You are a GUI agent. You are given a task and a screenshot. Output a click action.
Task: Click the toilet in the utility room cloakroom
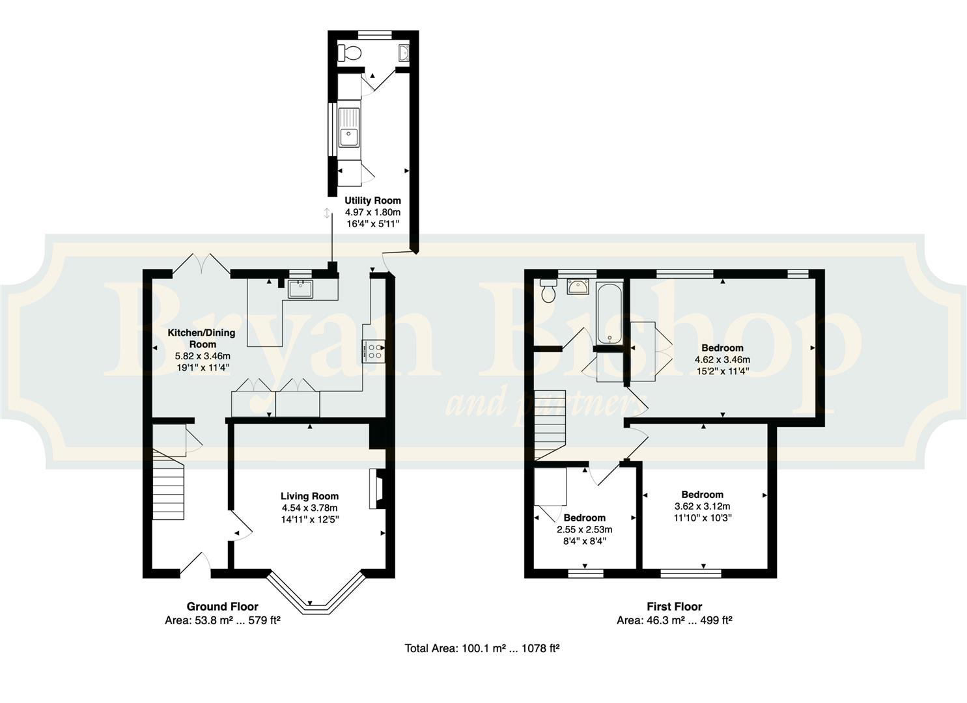pyautogui.click(x=349, y=53)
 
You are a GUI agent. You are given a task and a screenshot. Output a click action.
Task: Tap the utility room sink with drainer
pyautogui.click(x=349, y=128)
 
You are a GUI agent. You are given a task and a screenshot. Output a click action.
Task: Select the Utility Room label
pyautogui.click(x=372, y=200)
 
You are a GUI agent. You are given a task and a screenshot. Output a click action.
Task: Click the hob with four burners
pyautogui.click(x=374, y=350)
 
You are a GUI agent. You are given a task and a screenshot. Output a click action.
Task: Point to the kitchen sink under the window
pyautogui.click(x=300, y=289)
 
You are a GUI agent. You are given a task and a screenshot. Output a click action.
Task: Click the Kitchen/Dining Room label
pyautogui.click(x=202, y=338)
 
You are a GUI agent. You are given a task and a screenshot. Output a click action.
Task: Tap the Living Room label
pyautogui.click(x=309, y=496)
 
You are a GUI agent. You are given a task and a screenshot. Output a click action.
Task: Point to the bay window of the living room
pyautogui.click(x=316, y=593)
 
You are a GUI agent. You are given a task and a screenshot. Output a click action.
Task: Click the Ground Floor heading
pyautogui.click(x=222, y=606)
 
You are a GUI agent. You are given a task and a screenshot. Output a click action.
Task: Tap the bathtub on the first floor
pyautogui.click(x=609, y=313)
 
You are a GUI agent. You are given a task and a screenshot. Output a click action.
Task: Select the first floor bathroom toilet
pyautogui.click(x=548, y=290)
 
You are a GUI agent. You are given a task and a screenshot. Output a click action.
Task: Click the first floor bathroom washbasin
pyautogui.click(x=578, y=286)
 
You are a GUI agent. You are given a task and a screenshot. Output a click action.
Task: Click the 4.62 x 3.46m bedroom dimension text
pyautogui.click(x=722, y=359)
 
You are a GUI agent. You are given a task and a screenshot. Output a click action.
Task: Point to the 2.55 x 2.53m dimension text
pyautogui.click(x=585, y=529)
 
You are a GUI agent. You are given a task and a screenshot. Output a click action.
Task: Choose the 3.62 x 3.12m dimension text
pyautogui.click(x=703, y=506)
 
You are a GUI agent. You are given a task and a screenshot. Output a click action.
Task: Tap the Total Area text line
pyautogui.click(x=482, y=648)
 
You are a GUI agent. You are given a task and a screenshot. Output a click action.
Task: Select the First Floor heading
pyautogui.click(x=675, y=606)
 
